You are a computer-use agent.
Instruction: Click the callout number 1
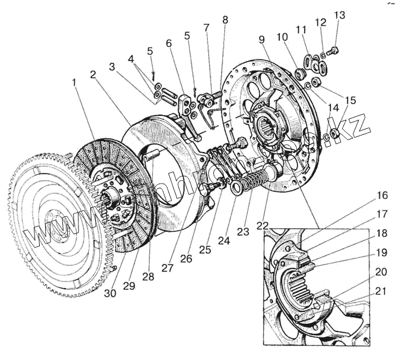coord(75,83)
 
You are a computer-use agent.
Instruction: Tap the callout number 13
coord(339,15)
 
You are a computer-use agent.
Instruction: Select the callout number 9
coord(261,40)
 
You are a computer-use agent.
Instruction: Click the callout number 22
coord(263,226)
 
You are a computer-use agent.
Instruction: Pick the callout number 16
coord(381,195)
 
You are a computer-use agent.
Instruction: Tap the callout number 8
coord(225,20)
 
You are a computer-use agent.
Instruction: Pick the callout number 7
coord(206,27)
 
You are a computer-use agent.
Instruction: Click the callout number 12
coord(321,22)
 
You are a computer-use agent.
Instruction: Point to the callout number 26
coord(186,260)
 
